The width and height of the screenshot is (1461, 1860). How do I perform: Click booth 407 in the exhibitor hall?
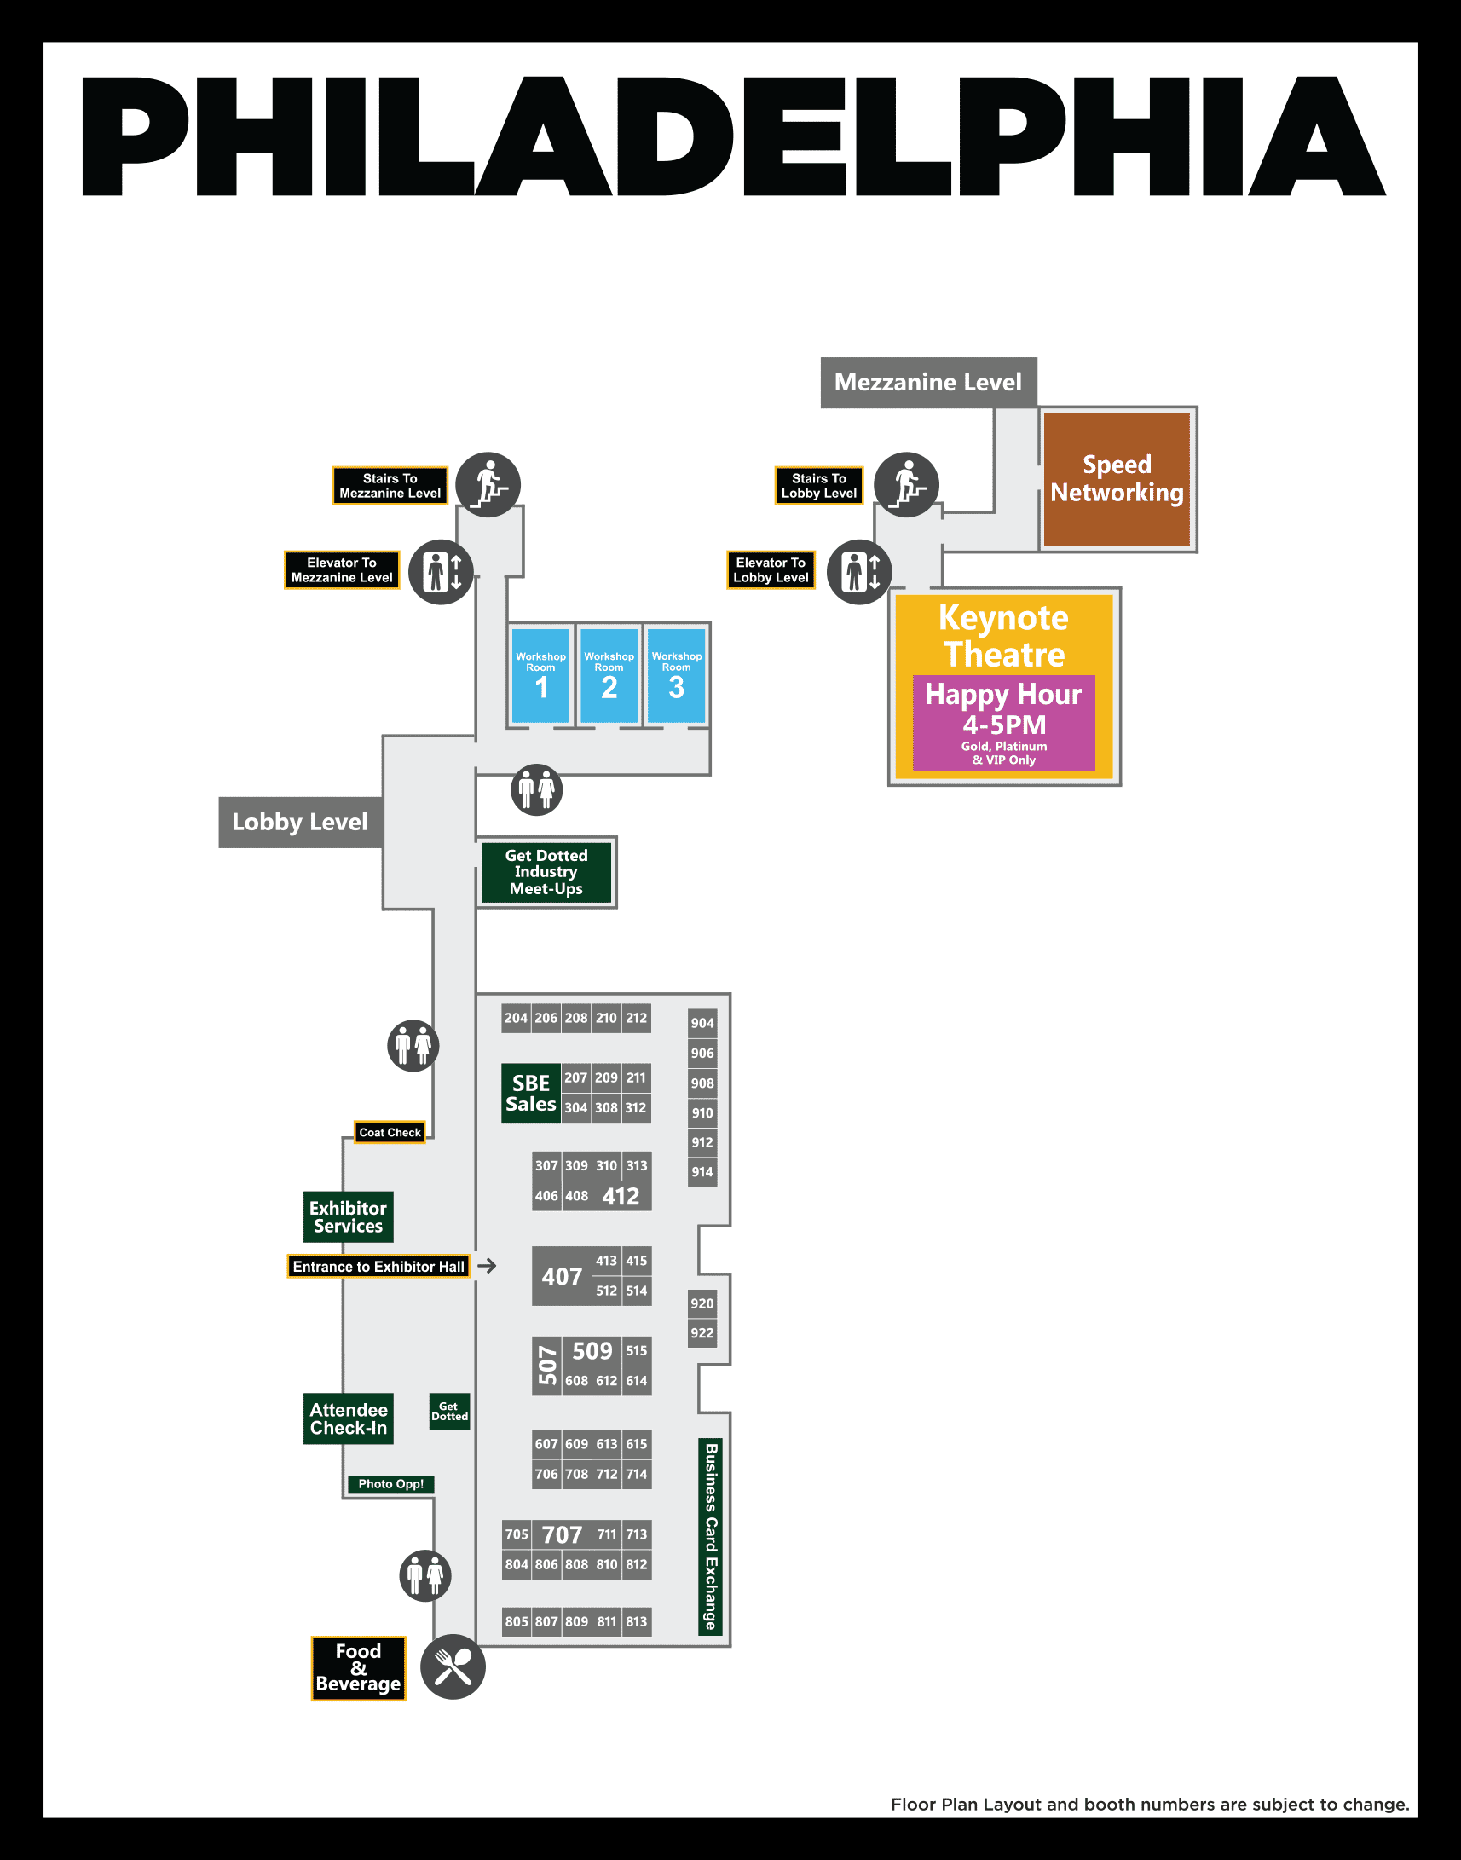point(561,1275)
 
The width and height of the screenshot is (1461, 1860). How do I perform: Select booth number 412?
point(621,1196)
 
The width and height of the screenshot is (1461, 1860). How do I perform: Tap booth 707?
point(562,1535)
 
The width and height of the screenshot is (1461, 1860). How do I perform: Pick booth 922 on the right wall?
point(702,1333)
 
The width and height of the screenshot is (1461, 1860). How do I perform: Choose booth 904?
point(702,1022)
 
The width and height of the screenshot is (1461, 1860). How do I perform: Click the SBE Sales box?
point(530,1093)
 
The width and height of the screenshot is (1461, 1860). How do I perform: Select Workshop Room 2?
point(609,676)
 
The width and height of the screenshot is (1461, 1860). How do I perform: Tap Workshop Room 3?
point(676,676)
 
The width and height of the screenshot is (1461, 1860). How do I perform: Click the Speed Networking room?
point(1117,479)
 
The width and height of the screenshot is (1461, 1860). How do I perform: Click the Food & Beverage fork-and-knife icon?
point(453,1666)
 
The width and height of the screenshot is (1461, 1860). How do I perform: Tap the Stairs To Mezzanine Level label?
point(390,486)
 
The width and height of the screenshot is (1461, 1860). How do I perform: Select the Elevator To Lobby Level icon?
point(860,571)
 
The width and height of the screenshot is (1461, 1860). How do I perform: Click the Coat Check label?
point(390,1132)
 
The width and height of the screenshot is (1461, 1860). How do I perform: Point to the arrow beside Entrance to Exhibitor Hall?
point(487,1265)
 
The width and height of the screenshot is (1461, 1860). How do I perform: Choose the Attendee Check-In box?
point(348,1418)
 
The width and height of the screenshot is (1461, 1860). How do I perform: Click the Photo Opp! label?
point(391,1483)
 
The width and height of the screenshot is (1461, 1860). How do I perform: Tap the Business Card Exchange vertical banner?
point(710,1537)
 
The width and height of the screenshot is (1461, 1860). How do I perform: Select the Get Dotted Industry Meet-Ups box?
point(546,872)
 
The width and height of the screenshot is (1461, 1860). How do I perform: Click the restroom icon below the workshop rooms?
point(536,788)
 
